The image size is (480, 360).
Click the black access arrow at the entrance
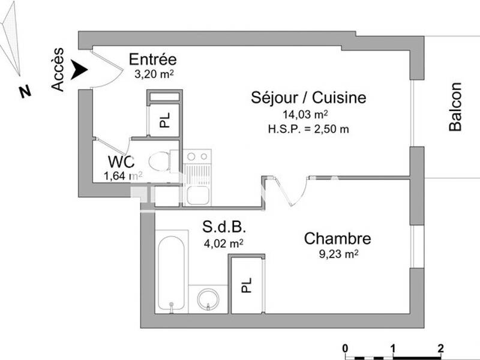tap(79, 70)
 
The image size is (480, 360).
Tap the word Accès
tap(58, 70)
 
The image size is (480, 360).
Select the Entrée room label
tap(153, 60)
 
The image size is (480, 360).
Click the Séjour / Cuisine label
tap(308, 98)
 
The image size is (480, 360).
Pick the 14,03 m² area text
tap(308, 114)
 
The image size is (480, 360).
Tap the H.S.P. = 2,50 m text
tap(308, 128)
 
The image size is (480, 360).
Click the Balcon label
tap(456, 107)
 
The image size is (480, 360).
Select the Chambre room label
tap(337, 238)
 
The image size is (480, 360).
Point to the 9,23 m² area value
tap(338, 254)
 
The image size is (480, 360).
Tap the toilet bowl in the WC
tap(160, 161)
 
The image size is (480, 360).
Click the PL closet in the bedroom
tap(246, 284)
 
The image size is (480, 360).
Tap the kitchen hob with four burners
tap(197, 157)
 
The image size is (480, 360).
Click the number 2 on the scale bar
tap(440, 349)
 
